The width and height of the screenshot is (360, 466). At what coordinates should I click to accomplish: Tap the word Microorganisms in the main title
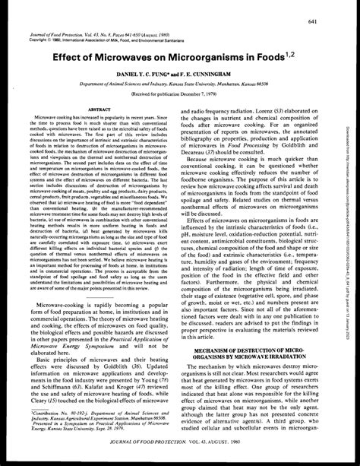click(x=213, y=56)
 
